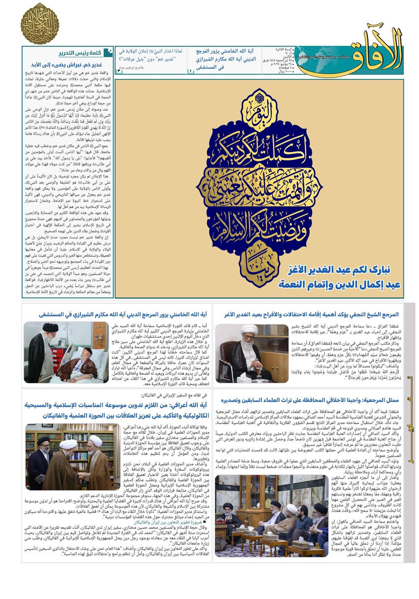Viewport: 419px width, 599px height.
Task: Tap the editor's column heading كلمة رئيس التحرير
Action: [x=80, y=53]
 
